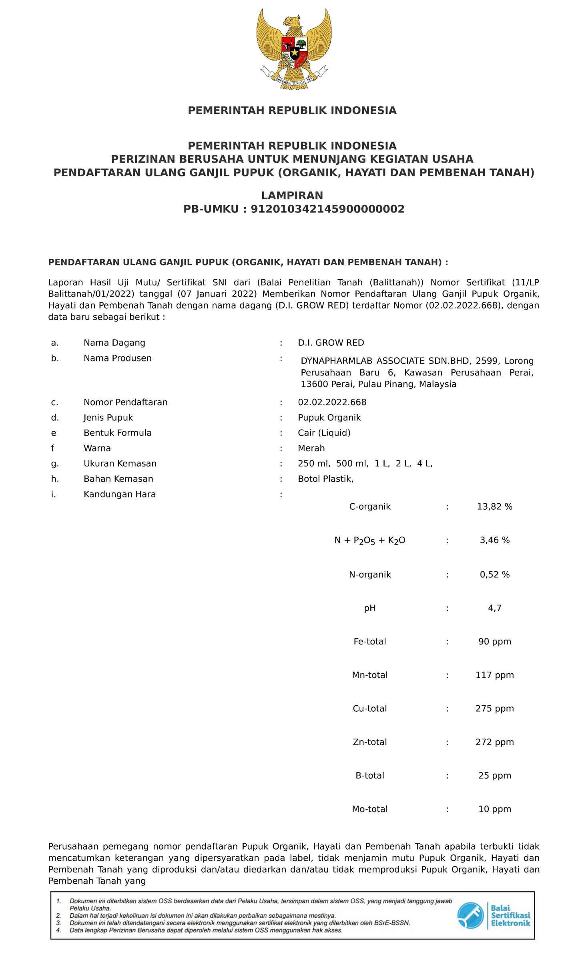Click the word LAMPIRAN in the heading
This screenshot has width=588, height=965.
coord(292,195)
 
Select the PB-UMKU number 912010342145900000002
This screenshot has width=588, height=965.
coord(327,209)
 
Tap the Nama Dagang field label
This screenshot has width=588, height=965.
coord(114,343)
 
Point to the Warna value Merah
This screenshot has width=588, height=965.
coord(311,448)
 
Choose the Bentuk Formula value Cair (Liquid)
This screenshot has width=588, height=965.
coord(324,433)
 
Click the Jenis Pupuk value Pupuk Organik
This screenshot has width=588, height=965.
coord(329,418)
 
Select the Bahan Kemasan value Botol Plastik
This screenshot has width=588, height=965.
coord(325,478)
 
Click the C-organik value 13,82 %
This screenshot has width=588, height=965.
coord(494,507)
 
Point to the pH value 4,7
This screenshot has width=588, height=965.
coord(494,608)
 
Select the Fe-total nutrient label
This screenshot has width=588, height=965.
coord(369,642)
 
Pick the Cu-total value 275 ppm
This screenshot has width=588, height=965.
coord(494,709)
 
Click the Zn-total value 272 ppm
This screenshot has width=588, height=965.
coord(494,742)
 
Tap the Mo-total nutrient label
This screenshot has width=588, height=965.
coord(369,809)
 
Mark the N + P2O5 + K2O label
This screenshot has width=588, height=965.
coord(369,541)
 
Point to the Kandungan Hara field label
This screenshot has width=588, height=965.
coord(119,494)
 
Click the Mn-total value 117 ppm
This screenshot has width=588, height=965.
coord(494,675)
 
